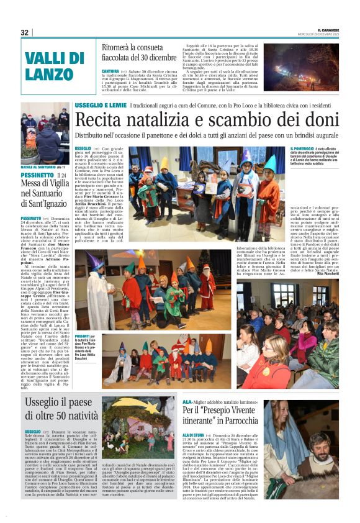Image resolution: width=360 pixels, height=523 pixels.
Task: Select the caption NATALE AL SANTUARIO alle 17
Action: (x=43, y=167)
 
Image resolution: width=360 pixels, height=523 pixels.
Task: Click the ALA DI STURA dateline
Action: (x=193, y=435)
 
